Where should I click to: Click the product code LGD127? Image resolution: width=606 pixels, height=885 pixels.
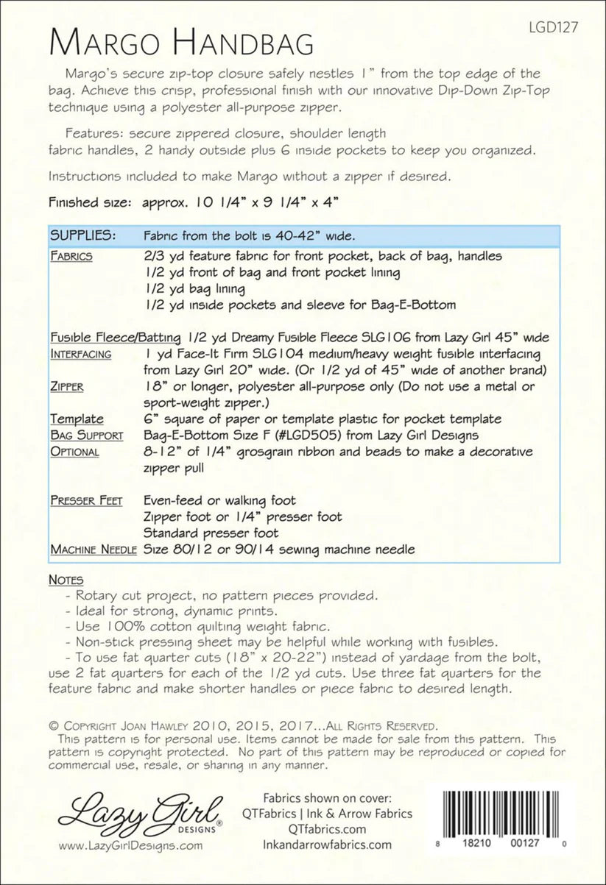point(553,27)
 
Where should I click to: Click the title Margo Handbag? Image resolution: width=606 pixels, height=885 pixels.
point(181,43)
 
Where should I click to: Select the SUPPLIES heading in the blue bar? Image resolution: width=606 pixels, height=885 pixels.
point(82,236)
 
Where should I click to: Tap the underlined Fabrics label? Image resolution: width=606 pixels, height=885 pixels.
point(71,257)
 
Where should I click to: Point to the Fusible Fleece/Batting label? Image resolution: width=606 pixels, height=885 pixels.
point(116,338)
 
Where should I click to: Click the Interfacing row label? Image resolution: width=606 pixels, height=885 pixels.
point(81,354)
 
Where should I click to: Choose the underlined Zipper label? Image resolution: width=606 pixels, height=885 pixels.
point(67,386)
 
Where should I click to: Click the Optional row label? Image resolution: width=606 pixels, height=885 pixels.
point(74,452)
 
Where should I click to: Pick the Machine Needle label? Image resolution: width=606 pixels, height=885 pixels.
point(83,550)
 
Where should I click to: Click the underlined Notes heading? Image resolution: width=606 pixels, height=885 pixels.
point(66,580)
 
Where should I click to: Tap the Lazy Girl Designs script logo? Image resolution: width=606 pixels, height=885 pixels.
point(141,811)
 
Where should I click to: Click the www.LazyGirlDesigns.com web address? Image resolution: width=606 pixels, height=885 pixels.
point(130,845)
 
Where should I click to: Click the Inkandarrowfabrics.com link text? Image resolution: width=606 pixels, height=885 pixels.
point(327,845)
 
